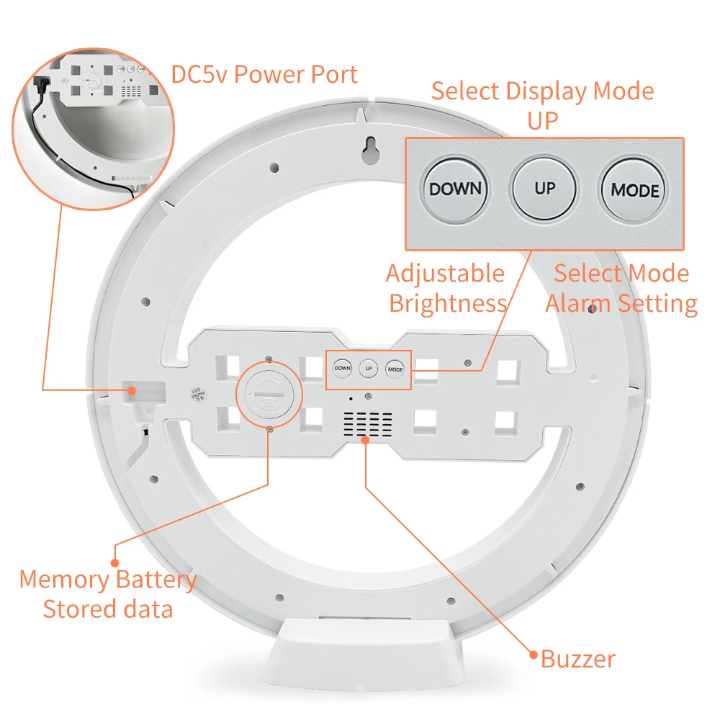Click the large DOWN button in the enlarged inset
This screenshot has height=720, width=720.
455,189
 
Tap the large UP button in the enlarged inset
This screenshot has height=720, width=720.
544,189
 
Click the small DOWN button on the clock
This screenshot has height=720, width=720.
342,368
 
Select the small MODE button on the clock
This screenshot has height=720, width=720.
395,369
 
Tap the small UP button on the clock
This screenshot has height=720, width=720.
369,368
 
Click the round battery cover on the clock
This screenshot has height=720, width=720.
265,396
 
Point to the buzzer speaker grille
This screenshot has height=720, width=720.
367,425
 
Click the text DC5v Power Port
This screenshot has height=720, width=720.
264,74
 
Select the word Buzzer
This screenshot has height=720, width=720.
577,658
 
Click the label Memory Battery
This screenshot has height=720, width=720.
108,580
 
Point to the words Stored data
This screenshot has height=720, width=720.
108,609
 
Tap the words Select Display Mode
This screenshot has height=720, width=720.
542,91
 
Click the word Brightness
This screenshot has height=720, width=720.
448,303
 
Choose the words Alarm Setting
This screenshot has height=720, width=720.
621,303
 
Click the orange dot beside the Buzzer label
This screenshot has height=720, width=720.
534,654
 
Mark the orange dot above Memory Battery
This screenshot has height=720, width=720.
114,562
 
